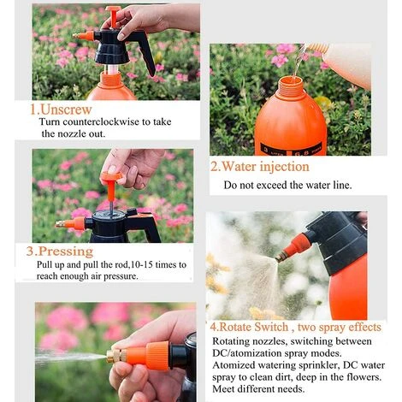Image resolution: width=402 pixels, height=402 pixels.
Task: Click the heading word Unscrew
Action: pyautogui.click(x=66, y=109)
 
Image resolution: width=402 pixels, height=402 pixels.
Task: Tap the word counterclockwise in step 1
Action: pyautogui.click(x=101, y=121)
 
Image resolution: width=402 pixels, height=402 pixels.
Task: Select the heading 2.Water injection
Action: pyautogui.click(x=260, y=167)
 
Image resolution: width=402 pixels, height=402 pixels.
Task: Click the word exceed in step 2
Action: pyautogui.click(x=271, y=185)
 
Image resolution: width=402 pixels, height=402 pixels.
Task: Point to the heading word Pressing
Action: pyautogui.click(x=66, y=251)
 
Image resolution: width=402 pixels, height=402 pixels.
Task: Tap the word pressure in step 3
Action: pyautogui.click(x=121, y=276)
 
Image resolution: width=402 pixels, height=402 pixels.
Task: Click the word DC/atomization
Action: pyautogui.click(x=245, y=353)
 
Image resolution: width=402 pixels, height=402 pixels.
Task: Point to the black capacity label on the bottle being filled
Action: pyautogui.click(x=291, y=149)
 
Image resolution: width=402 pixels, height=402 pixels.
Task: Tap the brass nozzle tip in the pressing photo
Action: pyautogui.click(x=62, y=224)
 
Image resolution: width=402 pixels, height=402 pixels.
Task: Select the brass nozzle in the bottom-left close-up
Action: pyautogui.click(x=116, y=356)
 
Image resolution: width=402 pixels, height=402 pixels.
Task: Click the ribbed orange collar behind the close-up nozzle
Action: pyautogui.click(x=157, y=356)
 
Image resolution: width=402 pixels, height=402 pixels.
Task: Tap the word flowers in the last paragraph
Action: pyautogui.click(x=364, y=377)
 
